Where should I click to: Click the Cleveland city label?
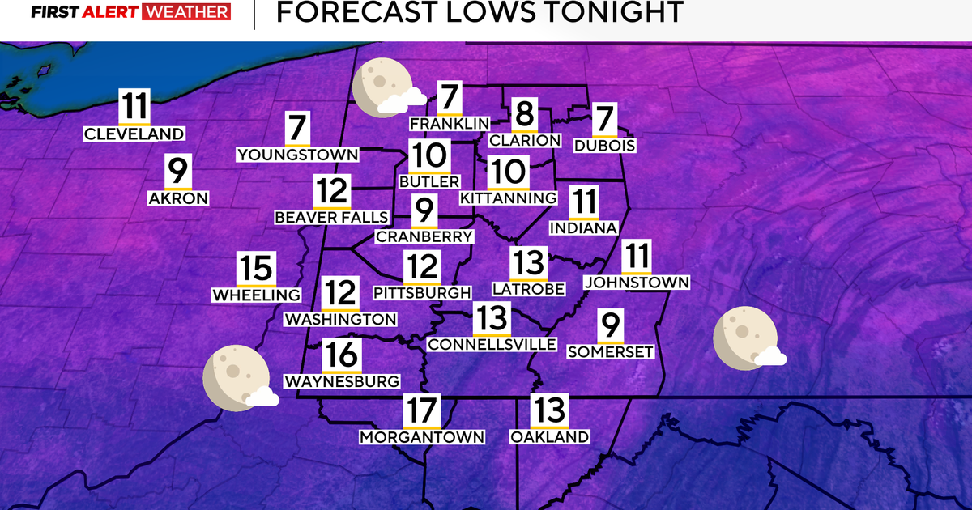click(134, 134)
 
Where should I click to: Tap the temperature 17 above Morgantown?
click(422, 411)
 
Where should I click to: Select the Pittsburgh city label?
click(422, 292)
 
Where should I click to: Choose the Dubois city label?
click(603, 147)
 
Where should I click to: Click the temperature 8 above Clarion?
click(525, 114)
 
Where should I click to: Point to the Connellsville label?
click(492, 344)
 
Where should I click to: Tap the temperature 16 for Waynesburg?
click(341, 355)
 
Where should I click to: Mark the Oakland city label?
click(549, 437)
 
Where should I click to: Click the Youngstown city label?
click(298, 155)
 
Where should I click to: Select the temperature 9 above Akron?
click(178, 172)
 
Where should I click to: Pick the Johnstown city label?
click(637, 283)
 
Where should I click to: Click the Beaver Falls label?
click(332, 218)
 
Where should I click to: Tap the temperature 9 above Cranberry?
click(424, 212)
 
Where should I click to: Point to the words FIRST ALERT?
click(83, 12)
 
